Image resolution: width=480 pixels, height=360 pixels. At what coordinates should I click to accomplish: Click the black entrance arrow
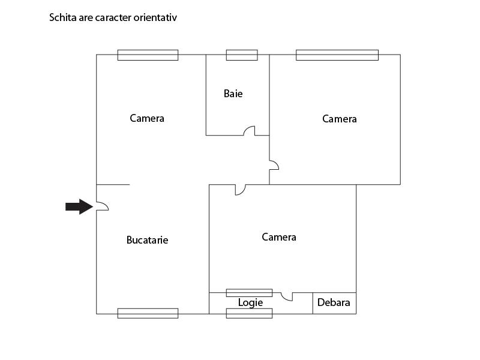pyautogui.click(x=79, y=206)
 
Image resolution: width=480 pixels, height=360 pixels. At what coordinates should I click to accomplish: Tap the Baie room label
pyautogui.click(x=233, y=94)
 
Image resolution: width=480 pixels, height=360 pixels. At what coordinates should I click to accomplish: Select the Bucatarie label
pyautogui.click(x=147, y=240)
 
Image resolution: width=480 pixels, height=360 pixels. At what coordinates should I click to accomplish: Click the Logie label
pyautogui.click(x=250, y=303)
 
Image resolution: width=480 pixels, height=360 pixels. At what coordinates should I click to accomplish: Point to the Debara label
pyautogui.click(x=334, y=302)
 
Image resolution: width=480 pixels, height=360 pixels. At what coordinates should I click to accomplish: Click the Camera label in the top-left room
pyautogui.click(x=147, y=118)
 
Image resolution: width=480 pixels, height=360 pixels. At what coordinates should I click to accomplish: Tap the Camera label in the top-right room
pyautogui.click(x=340, y=119)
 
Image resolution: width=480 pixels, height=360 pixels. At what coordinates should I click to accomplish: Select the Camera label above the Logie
pyautogui.click(x=279, y=237)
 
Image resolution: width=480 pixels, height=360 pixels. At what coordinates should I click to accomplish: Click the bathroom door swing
pyautogui.click(x=249, y=130)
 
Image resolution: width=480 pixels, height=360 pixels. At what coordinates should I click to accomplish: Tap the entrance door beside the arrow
pyautogui.click(x=103, y=206)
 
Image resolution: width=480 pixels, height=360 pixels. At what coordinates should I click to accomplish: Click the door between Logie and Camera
pyautogui.click(x=287, y=296)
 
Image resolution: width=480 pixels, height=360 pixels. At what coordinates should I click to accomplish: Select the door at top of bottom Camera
pyautogui.click(x=241, y=190)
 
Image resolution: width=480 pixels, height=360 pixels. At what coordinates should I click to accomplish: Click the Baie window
pyautogui.click(x=242, y=55)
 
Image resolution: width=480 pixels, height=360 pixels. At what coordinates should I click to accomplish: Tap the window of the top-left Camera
pyautogui.click(x=148, y=55)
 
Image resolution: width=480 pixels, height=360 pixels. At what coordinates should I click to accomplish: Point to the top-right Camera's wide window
pyautogui.click(x=337, y=55)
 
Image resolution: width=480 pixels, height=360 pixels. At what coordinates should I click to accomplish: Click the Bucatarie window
pyautogui.click(x=148, y=313)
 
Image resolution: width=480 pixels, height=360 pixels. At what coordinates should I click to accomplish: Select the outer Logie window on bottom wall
pyautogui.click(x=249, y=313)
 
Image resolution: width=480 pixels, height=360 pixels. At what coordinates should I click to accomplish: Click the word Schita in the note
pyautogui.click(x=63, y=17)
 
